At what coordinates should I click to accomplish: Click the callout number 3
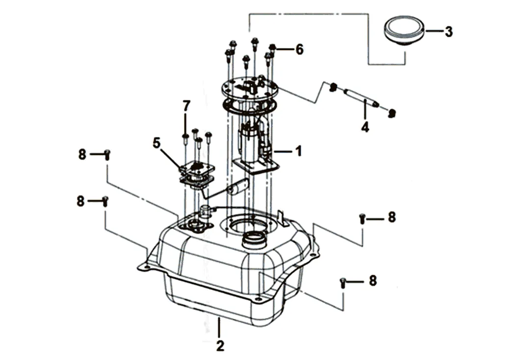(x=448, y=31)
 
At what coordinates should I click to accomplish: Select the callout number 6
(x=299, y=50)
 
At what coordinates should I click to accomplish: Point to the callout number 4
(x=366, y=127)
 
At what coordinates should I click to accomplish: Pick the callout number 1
(x=298, y=151)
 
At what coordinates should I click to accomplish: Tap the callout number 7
(x=186, y=106)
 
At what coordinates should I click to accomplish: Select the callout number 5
(x=157, y=143)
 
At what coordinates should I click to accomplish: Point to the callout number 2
(x=220, y=346)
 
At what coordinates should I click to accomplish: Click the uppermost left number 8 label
(x=82, y=154)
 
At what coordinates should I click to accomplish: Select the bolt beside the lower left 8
(x=105, y=201)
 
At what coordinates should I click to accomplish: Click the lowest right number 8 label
(x=373, y=281)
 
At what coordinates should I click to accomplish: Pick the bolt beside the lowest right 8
(x=343, y=283)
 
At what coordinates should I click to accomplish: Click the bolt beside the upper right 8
(x=362, y=218)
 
